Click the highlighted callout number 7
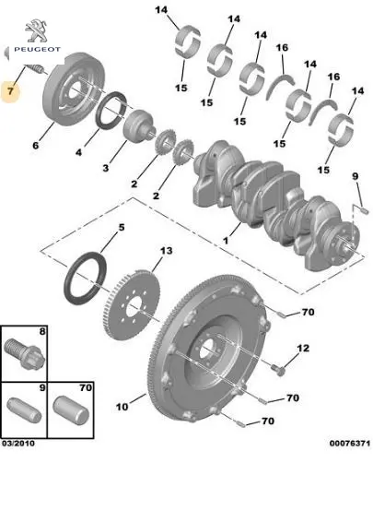pos(10,91)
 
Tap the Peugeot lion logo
pos(37,30)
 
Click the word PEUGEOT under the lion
pos(37,50)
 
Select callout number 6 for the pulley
pos(36,145)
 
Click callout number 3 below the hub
pos(106,168)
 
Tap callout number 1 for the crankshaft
pos(226,241)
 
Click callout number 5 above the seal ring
pos(121,227)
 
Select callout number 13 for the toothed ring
pos(166,251)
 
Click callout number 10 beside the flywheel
pos(122,407)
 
